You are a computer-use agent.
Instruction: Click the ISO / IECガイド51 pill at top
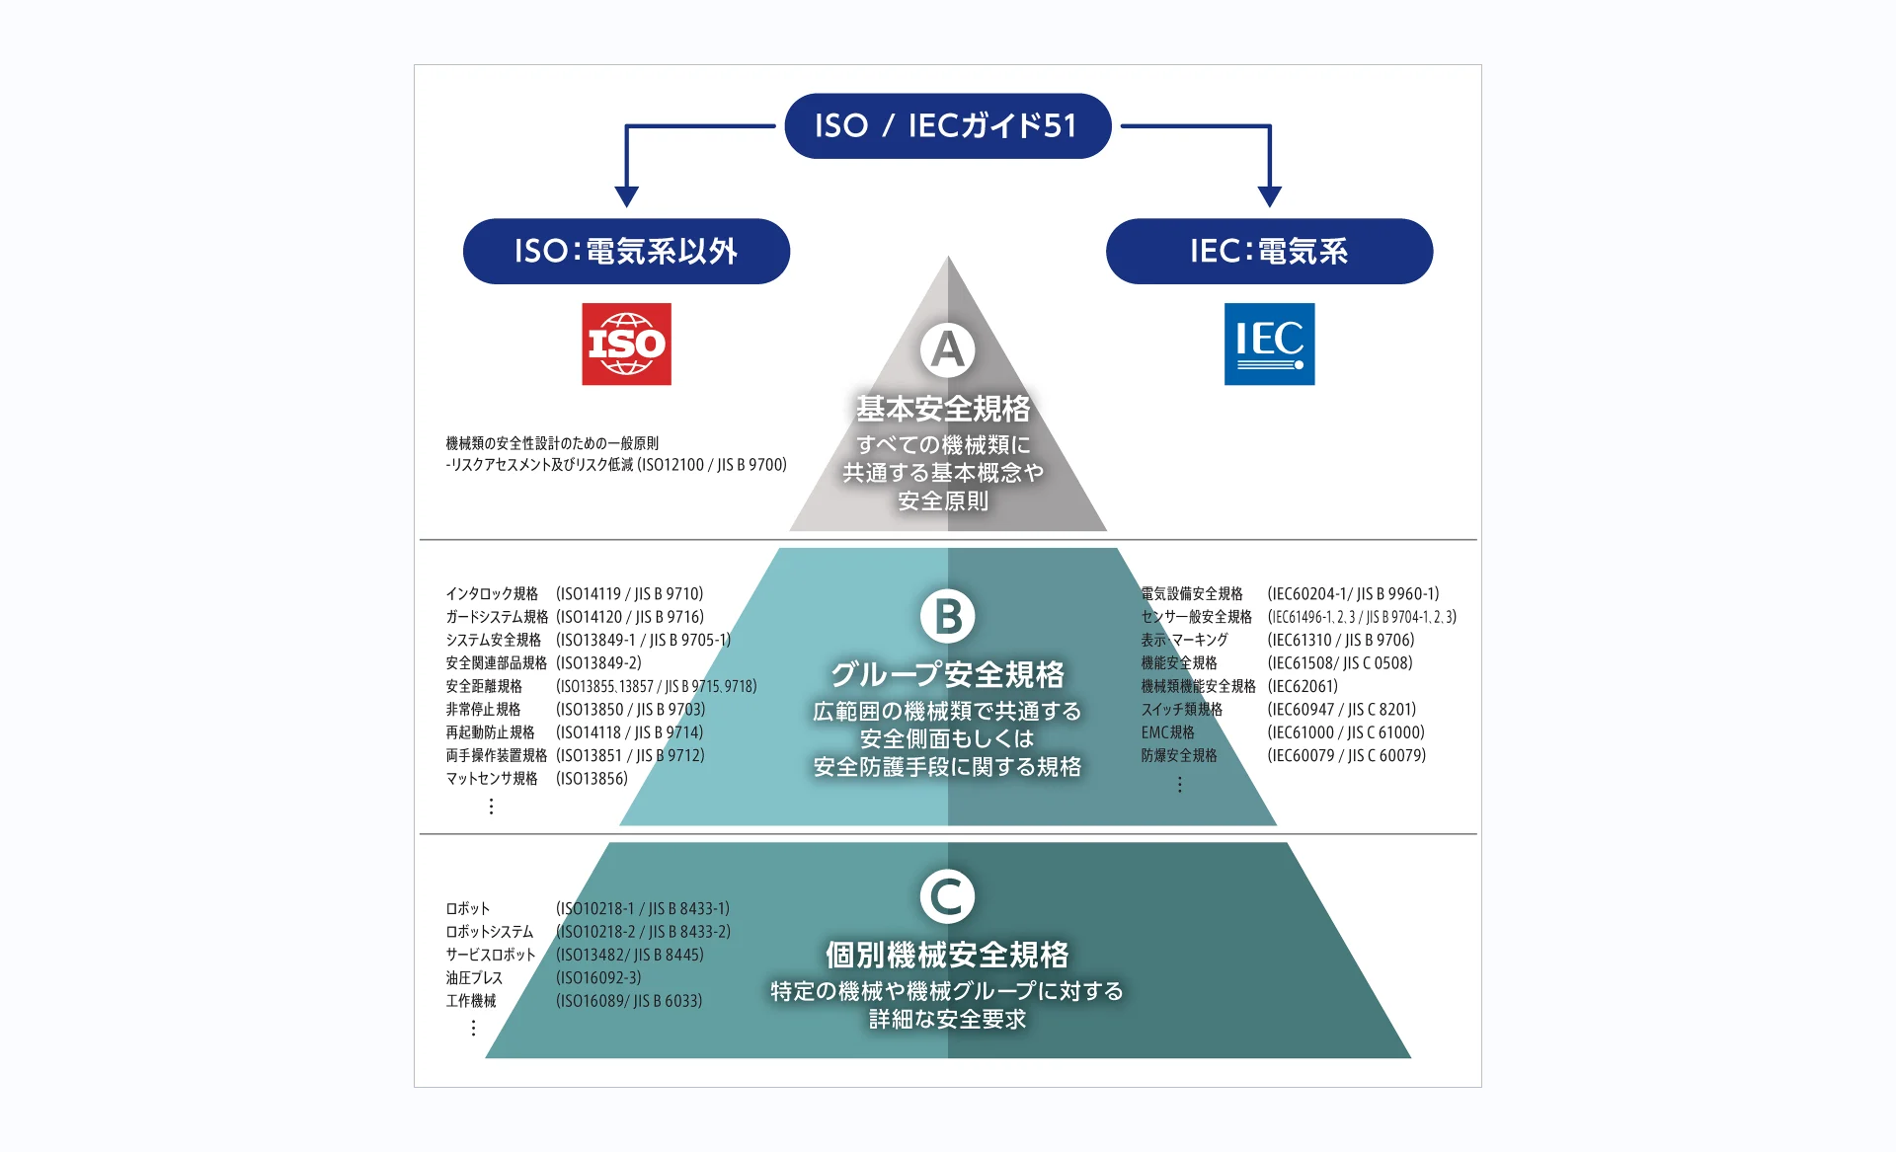click(x=947, y=126)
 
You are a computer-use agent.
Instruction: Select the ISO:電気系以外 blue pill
click(x=626, y=252)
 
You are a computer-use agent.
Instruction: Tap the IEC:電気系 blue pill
click(x=1269, y=252)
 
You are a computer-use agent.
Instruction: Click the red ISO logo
click(x=626, y=344)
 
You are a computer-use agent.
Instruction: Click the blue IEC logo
click(x=1269, y=344)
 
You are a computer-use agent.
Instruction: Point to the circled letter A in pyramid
click(x=947, y=349)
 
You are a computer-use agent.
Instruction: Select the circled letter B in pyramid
click(x=947, y=616)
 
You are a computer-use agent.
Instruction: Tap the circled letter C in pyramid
click(x=947, y=896)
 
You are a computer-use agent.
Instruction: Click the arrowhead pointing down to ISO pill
click(x=626, y=195)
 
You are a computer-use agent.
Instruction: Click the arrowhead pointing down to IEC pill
click(x=1270, y=195)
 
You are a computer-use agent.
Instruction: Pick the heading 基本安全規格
click(x=943, y=408)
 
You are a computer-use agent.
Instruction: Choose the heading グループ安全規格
click(x=947, y=674)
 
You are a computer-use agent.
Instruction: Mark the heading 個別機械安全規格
click(x=947, y=955)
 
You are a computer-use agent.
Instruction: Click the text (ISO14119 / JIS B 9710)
click(x=629, y=593)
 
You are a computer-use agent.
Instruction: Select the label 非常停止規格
click(x=483, y=709)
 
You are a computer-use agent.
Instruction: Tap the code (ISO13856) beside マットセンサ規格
click(x=592, y=778)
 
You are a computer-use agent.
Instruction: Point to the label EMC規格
click(x=1167, y=732)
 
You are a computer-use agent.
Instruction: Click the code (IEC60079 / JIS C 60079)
click(x=1346, y=755)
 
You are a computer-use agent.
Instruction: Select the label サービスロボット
click(x=490, y=955)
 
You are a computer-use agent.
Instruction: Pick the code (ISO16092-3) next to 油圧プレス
click(x=598, y=977)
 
